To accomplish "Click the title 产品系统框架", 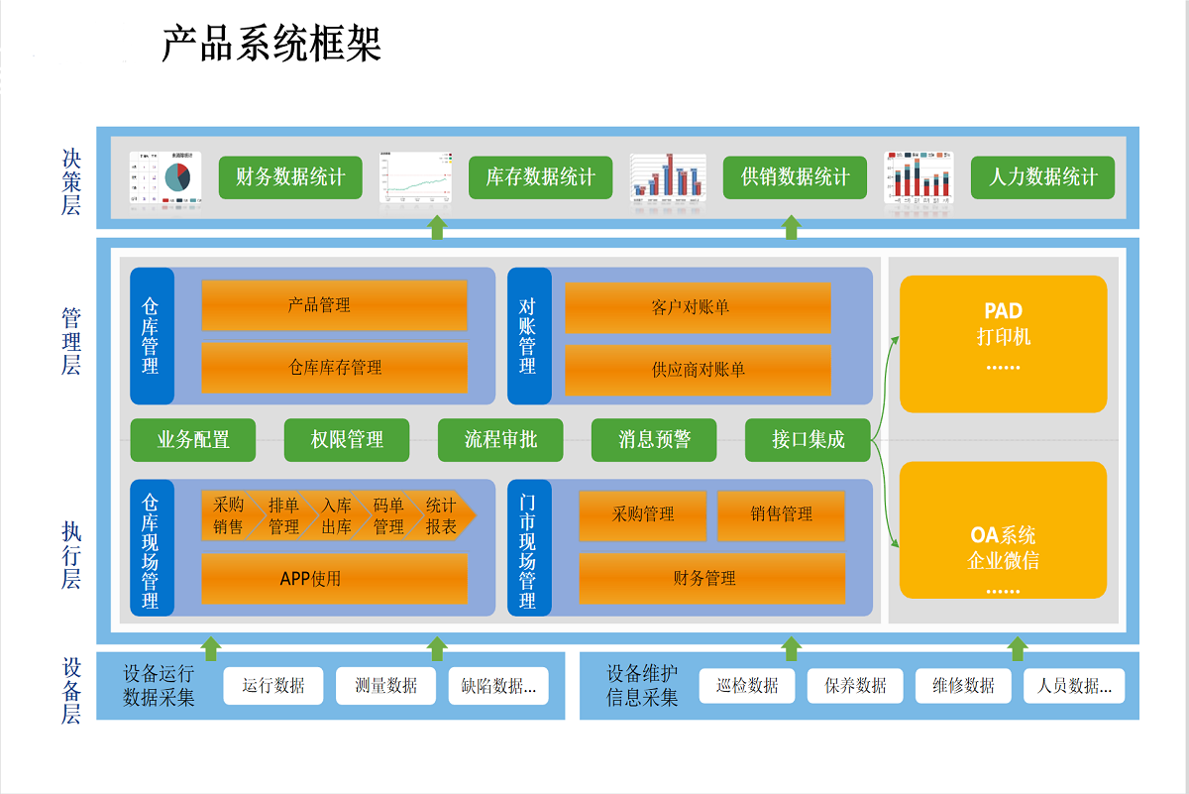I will click(271, 45).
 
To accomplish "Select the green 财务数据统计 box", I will click(290, 177).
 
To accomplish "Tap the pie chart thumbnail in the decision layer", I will click(165, 178).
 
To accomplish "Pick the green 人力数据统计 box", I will click(1042, 177).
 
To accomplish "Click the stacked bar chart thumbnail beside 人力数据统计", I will click(918, 178).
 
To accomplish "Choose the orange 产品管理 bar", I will click(334, 305).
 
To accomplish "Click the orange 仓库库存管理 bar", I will click(334, 368).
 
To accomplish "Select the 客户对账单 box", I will click(698, 307).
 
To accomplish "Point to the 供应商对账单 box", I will click(698, 370).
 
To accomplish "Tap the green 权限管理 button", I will click(347, 440).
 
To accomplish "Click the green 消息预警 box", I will click(654, 440).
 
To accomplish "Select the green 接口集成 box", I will click(808, 440).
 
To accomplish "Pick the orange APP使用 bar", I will click(334, 578).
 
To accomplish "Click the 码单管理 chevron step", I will click(387, 515).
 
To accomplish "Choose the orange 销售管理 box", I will click(781, 514).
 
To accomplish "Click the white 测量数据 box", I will click(386, 685).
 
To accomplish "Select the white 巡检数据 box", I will click(747, 685).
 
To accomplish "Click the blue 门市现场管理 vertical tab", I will click(527, 547).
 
